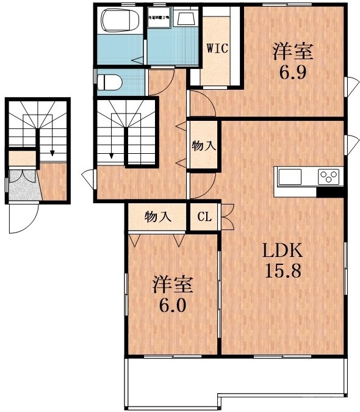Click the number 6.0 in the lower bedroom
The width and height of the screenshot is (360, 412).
click(173, 304)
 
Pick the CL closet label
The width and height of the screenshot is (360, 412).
click(204, 217)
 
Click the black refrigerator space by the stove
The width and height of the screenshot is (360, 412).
click(329, 193)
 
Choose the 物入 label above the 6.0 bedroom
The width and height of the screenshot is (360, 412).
click(157, 217)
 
